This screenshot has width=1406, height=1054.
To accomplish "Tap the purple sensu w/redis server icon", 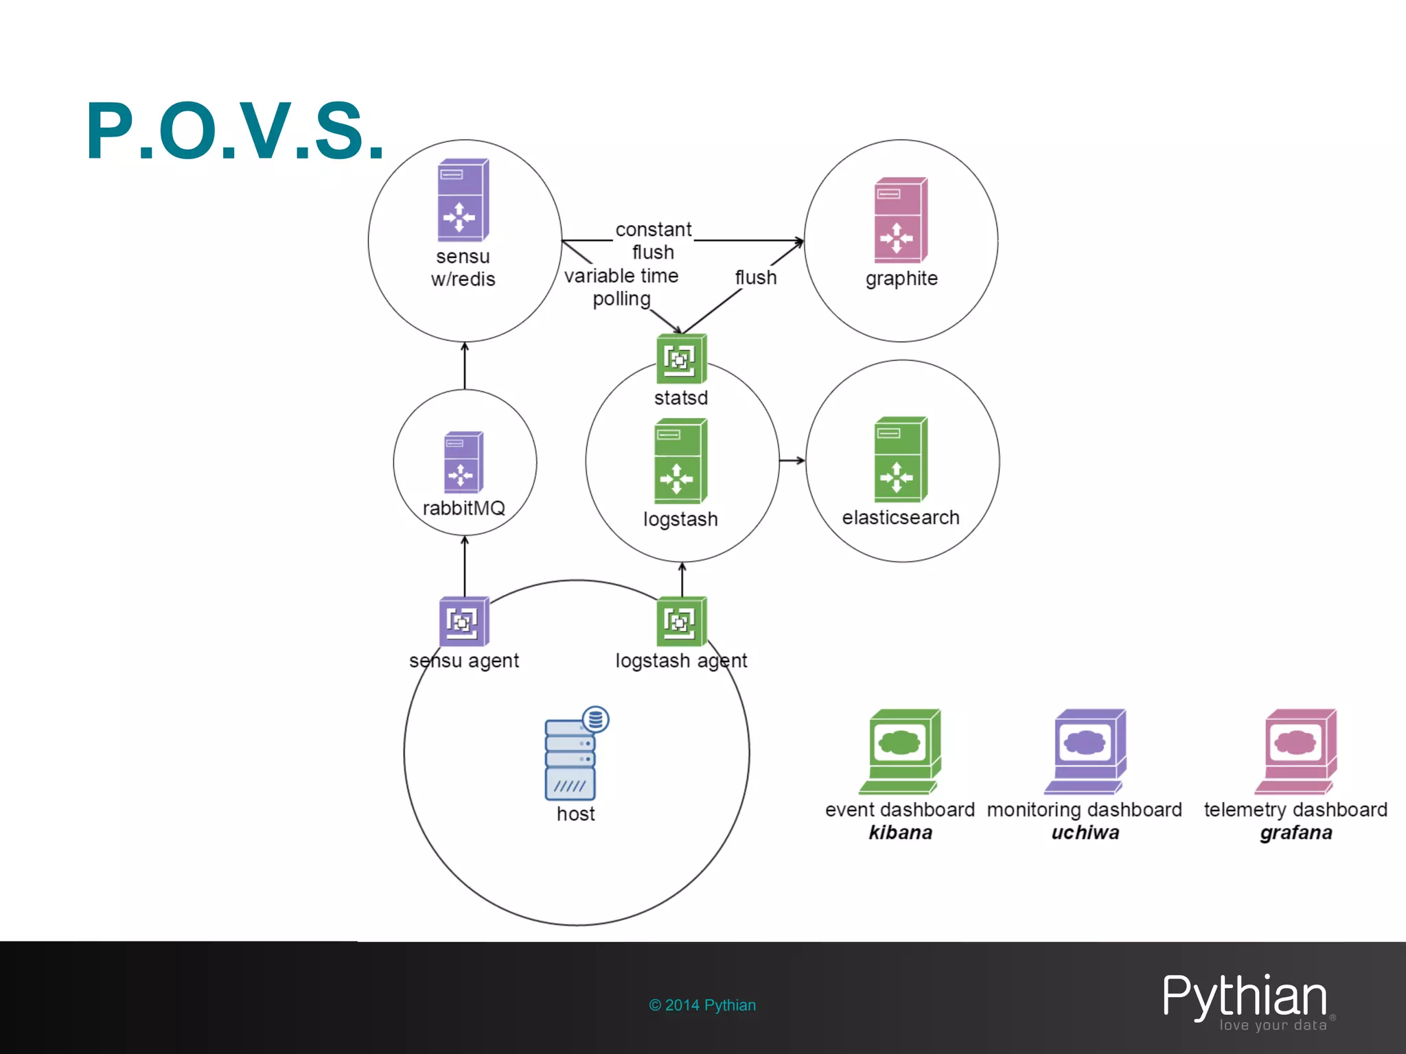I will click(x=463, y=200).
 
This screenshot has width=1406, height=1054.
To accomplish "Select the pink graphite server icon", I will click(x=901, y=220).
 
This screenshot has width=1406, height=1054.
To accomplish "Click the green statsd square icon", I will click(x=681, y=359).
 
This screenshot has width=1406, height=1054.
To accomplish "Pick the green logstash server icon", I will click(x=680, y=461).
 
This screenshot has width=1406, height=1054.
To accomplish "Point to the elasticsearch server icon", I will click(x=901, y=460).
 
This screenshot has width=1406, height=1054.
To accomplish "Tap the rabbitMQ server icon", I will click(x=463, y=462).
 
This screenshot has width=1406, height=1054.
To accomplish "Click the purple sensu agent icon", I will click(x=464, y=622).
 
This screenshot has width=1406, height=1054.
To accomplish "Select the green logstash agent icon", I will click(x=681, y=622).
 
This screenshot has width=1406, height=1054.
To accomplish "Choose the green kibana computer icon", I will click(x=900, y=751).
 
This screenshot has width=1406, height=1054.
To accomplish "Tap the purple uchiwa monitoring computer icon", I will click(x=1085, y=751).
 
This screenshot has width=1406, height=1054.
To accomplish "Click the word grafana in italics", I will click(x=1295, y=833).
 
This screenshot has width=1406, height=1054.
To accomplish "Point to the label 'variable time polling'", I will click(x=621, y=287).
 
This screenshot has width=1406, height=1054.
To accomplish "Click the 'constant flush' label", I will click(x=653, y=240).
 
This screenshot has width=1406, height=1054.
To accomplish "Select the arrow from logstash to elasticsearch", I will click(x=792, y=460).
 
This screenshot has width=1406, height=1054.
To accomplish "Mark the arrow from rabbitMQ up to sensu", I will click(x=465, y=366).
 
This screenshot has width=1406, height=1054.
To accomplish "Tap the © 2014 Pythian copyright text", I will click(x=702, y=1005).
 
